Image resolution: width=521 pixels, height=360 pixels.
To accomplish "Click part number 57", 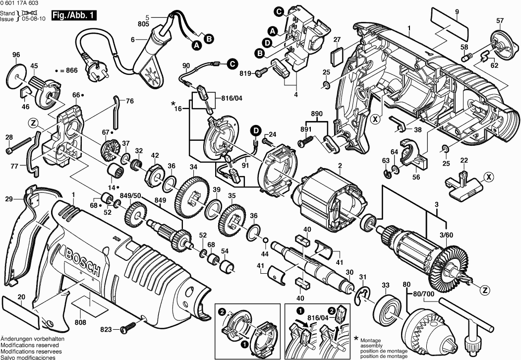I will click(x=500, y=20).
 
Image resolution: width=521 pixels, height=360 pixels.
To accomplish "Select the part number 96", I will click(x=16, y=55).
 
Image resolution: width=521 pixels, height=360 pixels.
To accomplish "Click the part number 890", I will click(x=317, y=114).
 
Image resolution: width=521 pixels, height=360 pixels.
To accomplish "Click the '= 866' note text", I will click(x=68, y=71).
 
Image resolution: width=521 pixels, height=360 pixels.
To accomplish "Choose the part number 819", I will click(x=246, y=73).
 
